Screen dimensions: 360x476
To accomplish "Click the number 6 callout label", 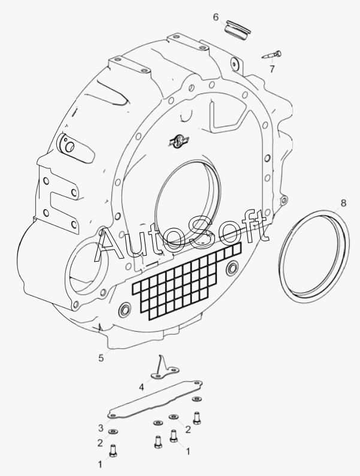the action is click(x=216, y=17).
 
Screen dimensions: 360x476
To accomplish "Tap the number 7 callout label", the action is click(x=272, y=69).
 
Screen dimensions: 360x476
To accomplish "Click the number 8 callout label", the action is click(x=343, y=203).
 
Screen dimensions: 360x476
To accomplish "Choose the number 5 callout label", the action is click(x=101, y=358).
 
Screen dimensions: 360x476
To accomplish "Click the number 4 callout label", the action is click(x=141, y=387).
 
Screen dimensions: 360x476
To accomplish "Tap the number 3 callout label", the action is click(x=101, y=428).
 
